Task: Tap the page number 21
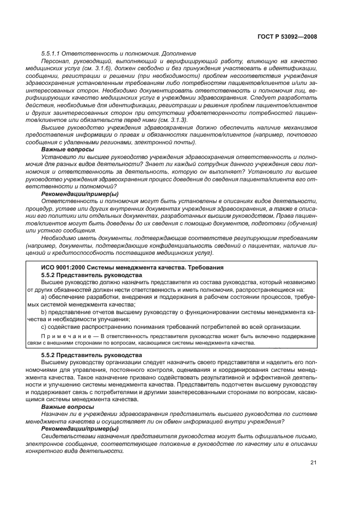tap(313, 463)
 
